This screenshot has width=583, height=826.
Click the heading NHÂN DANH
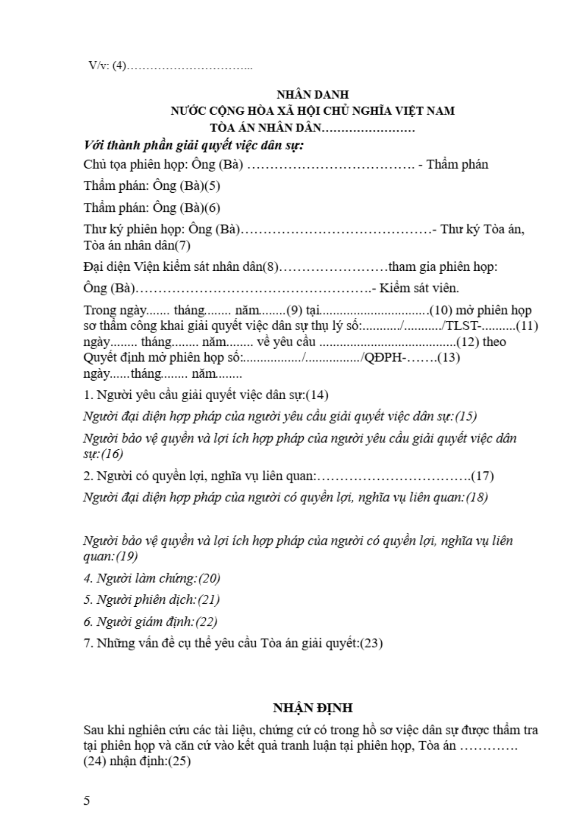click(x=313, y=94)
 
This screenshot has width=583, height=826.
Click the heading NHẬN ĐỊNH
click(x=313, y=708)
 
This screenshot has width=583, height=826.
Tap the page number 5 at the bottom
click(x=87, y=801)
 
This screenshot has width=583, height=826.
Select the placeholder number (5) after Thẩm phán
click(x=212, y=186)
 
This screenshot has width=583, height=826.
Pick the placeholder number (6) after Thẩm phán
click(x=212, y=208)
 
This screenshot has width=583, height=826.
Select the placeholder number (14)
click(x=317, y=395)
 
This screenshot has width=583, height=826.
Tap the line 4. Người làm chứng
click(x=152, y=578)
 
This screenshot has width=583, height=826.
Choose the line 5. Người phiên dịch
click(x=151, y=600)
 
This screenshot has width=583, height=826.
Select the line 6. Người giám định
click(x=150, y=622)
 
